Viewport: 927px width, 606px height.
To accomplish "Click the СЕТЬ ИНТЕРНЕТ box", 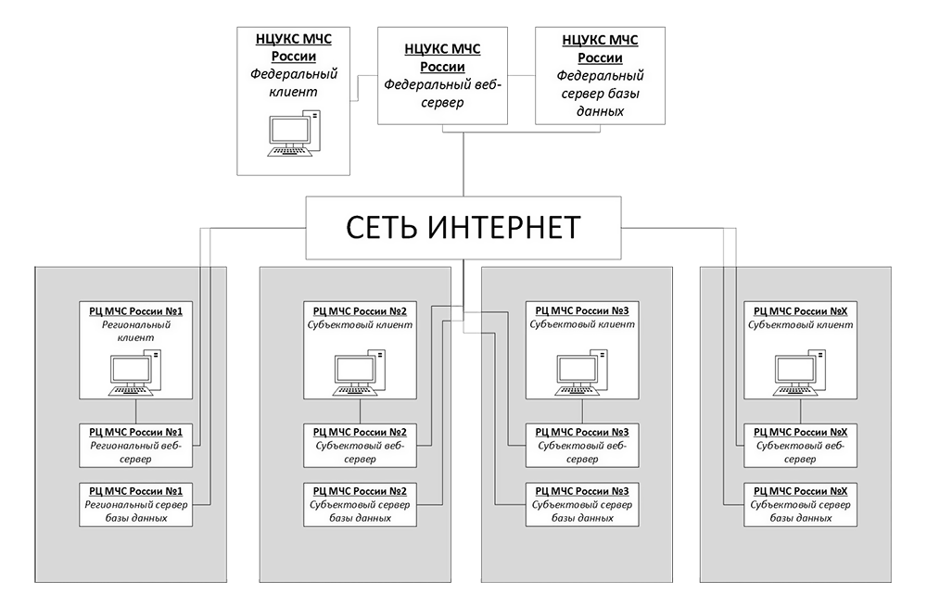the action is coord(463,228).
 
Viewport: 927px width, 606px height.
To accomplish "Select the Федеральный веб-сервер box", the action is coord(442,76).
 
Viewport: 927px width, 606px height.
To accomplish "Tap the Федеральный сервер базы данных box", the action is coord(600,76).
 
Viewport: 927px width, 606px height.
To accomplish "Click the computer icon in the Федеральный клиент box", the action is coord(294,133).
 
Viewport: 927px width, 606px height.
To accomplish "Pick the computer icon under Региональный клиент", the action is coord(135,372).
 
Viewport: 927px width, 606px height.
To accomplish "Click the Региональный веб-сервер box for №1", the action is coord(136,445).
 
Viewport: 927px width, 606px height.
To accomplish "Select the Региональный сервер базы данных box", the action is coord(136,504).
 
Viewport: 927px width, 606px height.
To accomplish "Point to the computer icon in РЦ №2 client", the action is coord(360,372).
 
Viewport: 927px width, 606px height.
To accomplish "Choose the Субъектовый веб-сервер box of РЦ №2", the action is coord(360,445).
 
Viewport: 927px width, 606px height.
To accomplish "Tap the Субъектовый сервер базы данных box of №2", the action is coord(360,504).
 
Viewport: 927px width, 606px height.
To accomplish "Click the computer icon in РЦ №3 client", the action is coord(582,372).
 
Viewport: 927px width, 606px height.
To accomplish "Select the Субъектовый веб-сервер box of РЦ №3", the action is coord(582,445).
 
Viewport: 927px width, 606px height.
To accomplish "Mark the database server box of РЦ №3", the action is coord(582,504).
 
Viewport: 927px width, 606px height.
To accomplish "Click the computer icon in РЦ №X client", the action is coord(800,372).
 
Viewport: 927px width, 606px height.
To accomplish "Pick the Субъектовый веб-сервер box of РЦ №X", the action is coord(801,445).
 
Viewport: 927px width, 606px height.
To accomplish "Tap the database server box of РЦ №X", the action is coord(801,504).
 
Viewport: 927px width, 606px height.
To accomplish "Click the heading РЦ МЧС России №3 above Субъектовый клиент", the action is coord(582,311).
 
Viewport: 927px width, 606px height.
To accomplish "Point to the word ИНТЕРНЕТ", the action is coord(503,228).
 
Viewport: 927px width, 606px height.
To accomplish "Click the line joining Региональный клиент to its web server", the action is coord(136,411).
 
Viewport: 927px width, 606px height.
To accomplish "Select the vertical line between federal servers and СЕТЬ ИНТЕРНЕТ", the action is coord(463,164).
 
